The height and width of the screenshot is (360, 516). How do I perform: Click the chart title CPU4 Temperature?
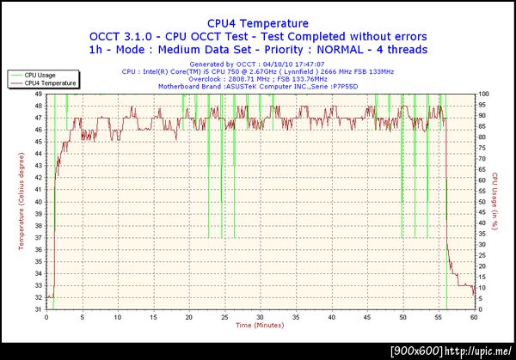coord(258,23)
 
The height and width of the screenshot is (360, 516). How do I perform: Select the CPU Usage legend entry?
coord(42,76)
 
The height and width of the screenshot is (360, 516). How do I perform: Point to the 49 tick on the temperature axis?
coord(39,95)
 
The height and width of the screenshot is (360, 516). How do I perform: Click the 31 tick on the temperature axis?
coord(39,309)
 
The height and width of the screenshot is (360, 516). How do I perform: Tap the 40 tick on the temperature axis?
coord(39,202)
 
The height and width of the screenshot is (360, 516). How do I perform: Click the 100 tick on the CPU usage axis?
coord(483,95)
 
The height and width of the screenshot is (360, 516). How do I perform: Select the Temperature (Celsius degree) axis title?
coord(21,201)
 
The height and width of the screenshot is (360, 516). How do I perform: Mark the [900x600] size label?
coord(415,351)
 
